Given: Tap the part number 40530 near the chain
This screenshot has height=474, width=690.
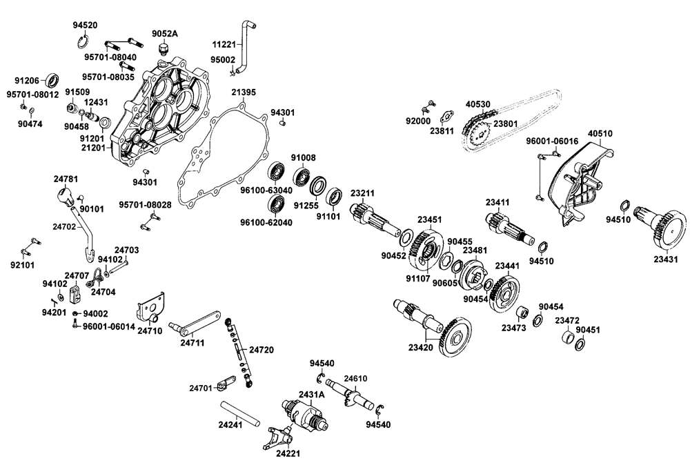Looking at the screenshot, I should point(477,104).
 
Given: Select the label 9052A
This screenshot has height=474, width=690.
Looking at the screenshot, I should point(164,34).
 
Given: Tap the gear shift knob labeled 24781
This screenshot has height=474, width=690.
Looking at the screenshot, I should point(65,197).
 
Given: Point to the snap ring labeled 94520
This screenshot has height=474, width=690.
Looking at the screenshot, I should point(82,38).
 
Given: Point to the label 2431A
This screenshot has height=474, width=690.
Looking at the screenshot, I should point(311,395).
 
